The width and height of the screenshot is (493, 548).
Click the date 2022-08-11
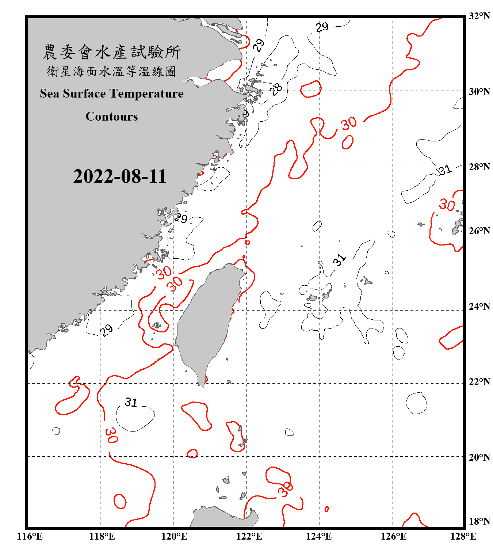pos(120,176)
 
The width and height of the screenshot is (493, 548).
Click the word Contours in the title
pos(112,116)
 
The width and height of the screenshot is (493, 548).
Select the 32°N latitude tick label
pos(479,16)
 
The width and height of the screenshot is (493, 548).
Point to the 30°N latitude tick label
pos(479,91)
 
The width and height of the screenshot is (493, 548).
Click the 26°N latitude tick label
pos(479,231)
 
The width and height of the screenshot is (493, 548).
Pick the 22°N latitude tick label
pos(479,382)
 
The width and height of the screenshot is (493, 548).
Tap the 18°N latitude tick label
pos(479,521)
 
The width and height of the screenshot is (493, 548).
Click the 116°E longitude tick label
pos(30,536)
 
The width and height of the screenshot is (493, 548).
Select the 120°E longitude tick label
pos(174,536)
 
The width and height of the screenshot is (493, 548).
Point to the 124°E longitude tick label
pos(319,536)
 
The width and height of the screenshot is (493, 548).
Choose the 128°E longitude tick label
pos(463,536)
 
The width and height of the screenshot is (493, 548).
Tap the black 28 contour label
pos(276,89)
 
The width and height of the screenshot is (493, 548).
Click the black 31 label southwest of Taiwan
pos(131,402)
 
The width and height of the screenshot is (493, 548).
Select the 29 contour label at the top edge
pos(322,27)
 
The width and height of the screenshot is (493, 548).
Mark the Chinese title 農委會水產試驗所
pos(112,52)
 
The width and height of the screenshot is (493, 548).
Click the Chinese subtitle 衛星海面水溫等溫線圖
pos(112,71)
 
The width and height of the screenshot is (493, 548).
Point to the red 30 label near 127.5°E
pos(447,205)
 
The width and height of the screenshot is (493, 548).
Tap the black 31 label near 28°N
pos(445,170)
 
